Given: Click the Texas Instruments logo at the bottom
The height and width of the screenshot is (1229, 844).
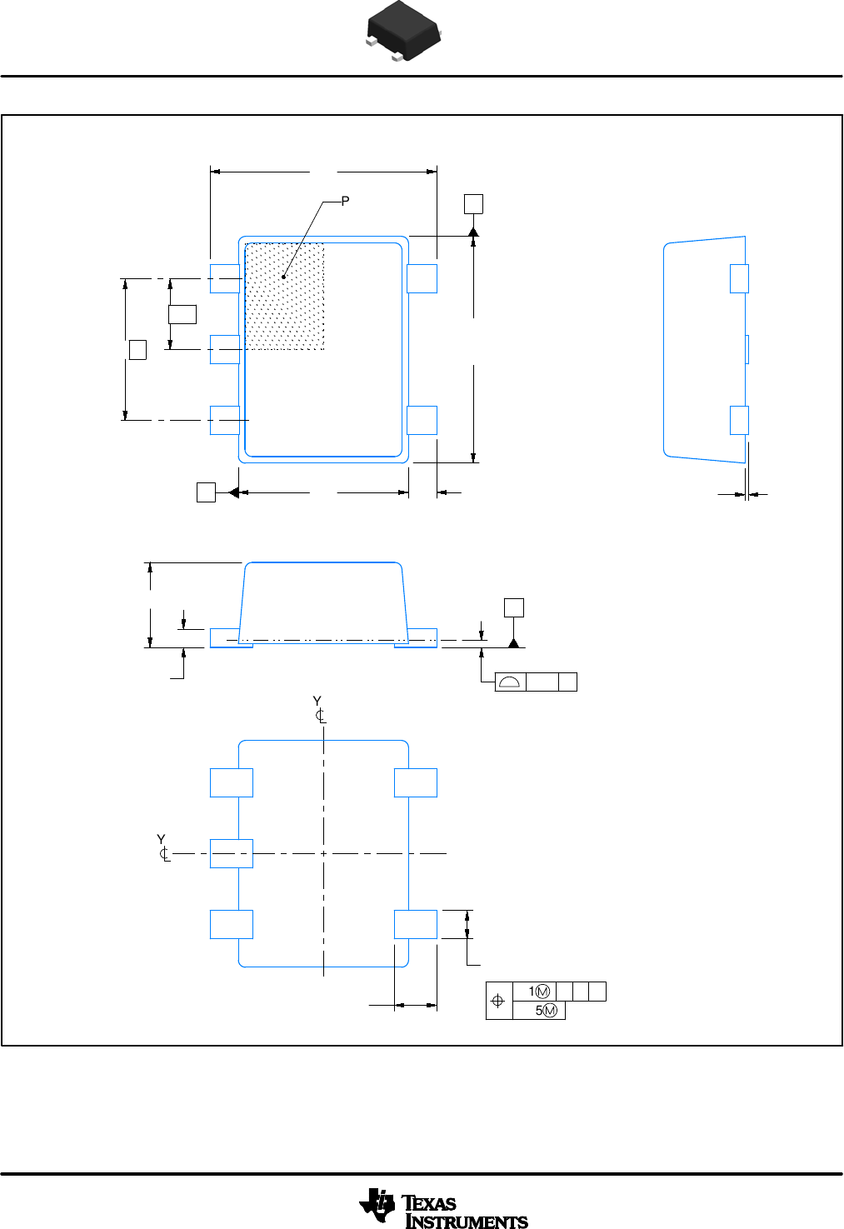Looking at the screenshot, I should click(x=443, y=1208).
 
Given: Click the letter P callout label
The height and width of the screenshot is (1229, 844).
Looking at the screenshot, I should click(x=345, y=201).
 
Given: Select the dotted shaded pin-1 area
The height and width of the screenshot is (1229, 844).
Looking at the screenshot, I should click(x=285, y=296).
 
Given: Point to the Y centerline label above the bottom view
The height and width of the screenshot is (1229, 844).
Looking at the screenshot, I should click(x=318, y=709).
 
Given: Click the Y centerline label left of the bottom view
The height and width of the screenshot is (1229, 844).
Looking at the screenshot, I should click(x=163, y=847).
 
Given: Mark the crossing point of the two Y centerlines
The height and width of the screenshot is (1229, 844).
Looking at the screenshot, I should click(x=323, y=853).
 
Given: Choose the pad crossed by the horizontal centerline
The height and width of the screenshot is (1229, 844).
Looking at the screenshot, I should click(x=231, y=853).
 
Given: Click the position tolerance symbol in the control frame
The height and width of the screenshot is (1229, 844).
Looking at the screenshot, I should click(x=498, y=1001).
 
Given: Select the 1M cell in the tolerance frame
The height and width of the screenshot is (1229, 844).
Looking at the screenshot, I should click(x=539, y=992).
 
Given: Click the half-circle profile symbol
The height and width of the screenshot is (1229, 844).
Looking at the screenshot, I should click(x=510, y=682).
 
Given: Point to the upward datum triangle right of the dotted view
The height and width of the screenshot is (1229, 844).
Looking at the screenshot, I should click(x=473, y=231).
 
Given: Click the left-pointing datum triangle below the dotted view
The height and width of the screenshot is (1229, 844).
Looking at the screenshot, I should click(x=233, y=492).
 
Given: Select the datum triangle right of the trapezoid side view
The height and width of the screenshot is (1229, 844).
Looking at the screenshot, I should click(x=514, y=642).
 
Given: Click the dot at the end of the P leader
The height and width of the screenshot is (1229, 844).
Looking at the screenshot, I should click(x=284, y=277).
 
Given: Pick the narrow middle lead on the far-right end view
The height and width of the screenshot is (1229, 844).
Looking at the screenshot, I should click(x=747, y=349).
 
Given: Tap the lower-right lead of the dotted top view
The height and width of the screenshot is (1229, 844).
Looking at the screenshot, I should click(x=422, y=420).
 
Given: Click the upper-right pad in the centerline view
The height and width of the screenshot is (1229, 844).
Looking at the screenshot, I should click(x=415, y=783).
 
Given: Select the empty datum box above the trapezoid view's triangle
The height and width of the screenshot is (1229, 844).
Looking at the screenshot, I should click(x=514, y=607).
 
